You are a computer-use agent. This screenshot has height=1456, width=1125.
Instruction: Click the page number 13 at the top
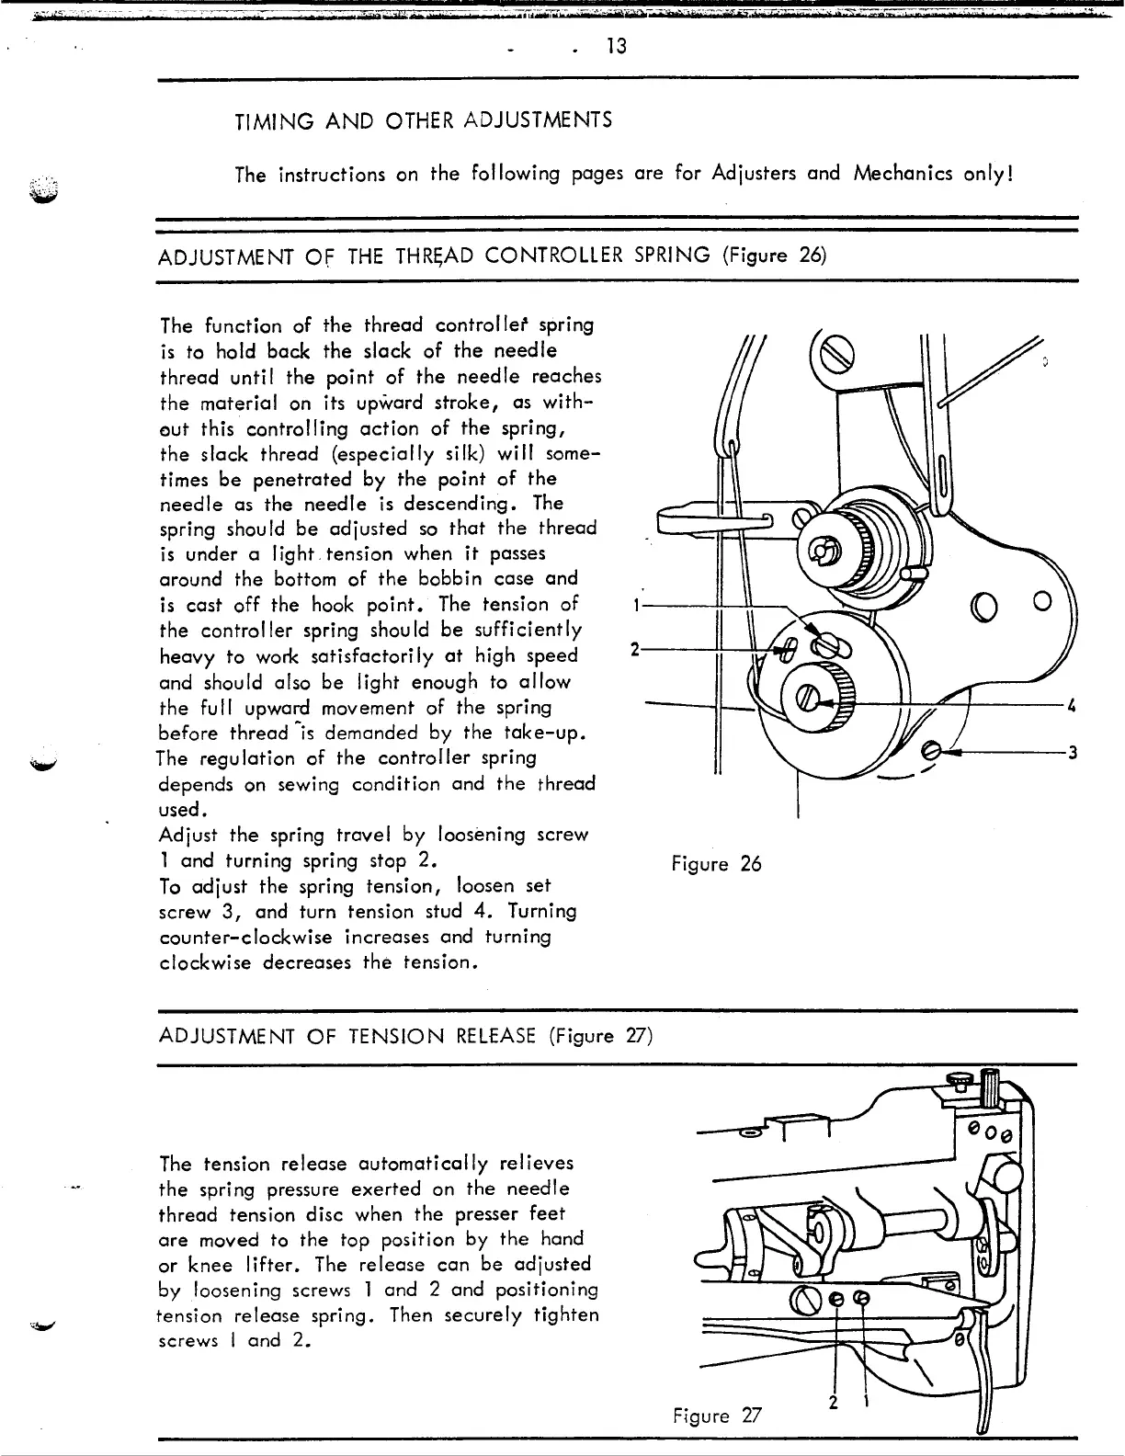[x=616, y=45]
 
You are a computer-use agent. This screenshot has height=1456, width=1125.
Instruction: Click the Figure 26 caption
[x=716, y=865]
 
